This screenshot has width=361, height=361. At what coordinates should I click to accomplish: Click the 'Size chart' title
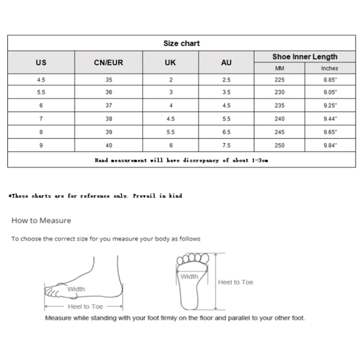181,43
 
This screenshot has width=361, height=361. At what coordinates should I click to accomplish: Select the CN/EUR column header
108,63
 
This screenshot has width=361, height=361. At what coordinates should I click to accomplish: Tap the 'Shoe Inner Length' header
305,57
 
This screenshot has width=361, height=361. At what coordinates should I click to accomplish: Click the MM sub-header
280,68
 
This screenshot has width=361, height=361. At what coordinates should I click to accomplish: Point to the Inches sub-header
330,68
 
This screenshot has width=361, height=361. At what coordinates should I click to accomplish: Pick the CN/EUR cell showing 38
109,118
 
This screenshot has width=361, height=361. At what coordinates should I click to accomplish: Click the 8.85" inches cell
330,80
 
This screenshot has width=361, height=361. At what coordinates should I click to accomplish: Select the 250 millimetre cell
280,145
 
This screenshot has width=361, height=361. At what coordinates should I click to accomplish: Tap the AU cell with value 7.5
226,145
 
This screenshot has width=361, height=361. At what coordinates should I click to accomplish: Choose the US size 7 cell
41,118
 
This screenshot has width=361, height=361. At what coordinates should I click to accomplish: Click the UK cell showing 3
171,92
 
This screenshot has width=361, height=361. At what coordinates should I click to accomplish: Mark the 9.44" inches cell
330,118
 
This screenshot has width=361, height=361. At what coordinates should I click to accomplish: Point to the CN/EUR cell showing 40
109,145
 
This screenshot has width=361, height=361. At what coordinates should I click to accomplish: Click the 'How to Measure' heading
41,220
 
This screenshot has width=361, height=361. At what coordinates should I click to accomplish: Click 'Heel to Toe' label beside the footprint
235,282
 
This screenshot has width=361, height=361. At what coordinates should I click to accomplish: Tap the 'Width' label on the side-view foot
76,289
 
